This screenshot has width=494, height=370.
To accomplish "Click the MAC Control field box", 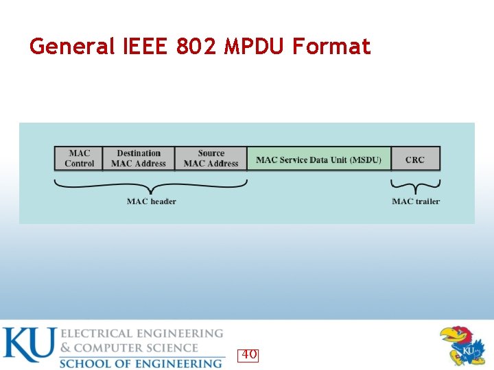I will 79,158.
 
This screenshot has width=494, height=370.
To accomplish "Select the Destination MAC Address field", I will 139,158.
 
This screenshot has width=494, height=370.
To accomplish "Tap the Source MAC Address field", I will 211,158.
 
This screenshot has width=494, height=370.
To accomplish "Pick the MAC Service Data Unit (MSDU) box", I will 319,159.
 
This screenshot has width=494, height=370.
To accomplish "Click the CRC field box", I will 415,159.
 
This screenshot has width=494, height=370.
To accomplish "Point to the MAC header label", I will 151,201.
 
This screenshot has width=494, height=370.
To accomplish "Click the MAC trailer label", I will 416,201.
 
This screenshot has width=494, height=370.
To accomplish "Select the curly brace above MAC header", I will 151,186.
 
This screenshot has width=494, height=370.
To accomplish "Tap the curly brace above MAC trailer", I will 416,186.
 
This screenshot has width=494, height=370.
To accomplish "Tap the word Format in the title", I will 331,47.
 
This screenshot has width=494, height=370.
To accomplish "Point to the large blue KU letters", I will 28,345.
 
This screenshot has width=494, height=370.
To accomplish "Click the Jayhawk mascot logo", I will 462,346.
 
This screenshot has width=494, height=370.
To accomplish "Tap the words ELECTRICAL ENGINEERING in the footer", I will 143,334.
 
